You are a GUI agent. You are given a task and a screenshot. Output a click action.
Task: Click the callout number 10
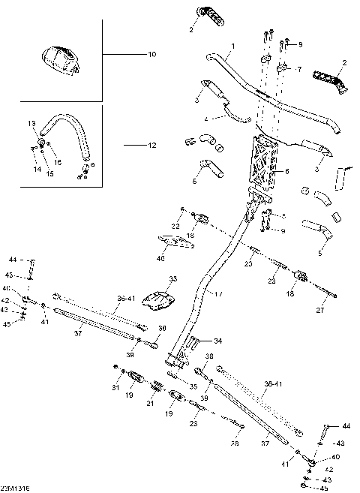(152, 55)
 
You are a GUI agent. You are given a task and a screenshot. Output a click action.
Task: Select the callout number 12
(152, 144)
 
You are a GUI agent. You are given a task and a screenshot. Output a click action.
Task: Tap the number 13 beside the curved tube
(32, 123)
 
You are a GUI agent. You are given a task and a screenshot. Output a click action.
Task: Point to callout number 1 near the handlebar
(232, 47)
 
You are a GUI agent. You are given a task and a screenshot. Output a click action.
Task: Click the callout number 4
(205, 119)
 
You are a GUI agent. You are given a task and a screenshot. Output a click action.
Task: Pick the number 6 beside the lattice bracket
(286, 172)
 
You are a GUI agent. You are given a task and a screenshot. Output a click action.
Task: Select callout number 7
(298, 69)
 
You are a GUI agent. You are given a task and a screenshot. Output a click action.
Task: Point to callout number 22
(175, 226)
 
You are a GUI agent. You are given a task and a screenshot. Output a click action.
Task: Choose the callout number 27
(321, 309)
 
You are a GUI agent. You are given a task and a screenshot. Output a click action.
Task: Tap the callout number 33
(173, 278)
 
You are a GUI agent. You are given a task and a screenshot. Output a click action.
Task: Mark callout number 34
(218, 341)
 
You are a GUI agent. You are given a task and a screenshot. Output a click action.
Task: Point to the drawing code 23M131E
(14, 488)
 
